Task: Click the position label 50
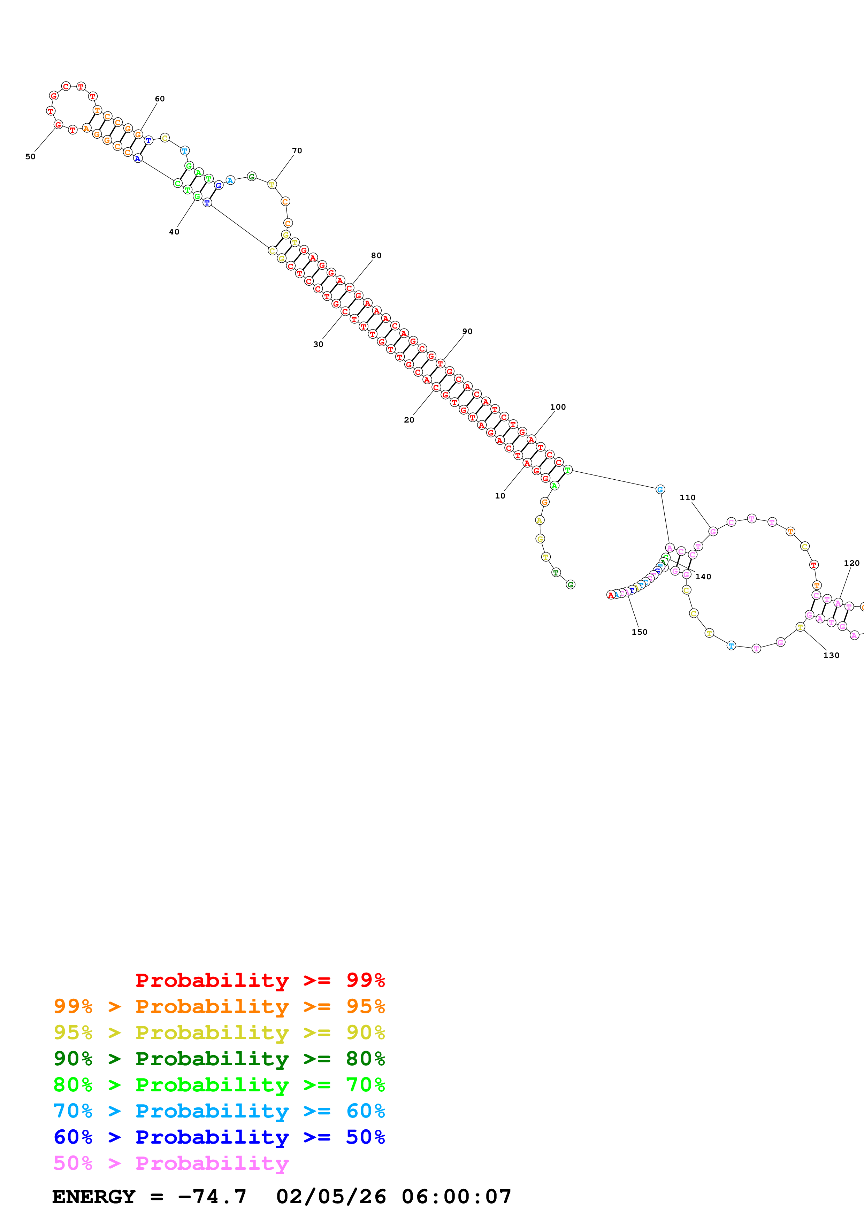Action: tap(30, 156)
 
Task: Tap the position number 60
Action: tap(160, 99)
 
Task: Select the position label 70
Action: tap(297, 150)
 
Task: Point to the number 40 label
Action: tap(174, 232)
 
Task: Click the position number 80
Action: tap(376, 255)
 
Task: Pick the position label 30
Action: tap(318, 345)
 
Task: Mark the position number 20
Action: tap(409, 420)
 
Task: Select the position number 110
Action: tap(687, 498)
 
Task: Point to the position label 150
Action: tap(639, 632)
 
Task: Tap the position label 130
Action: tap(831, 655)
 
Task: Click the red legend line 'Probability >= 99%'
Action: tap(260, 980)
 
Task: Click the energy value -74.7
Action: tap(212, 1197)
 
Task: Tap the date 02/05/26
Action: tap(331, 1197)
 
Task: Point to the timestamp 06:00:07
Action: tap(456, 1197)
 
